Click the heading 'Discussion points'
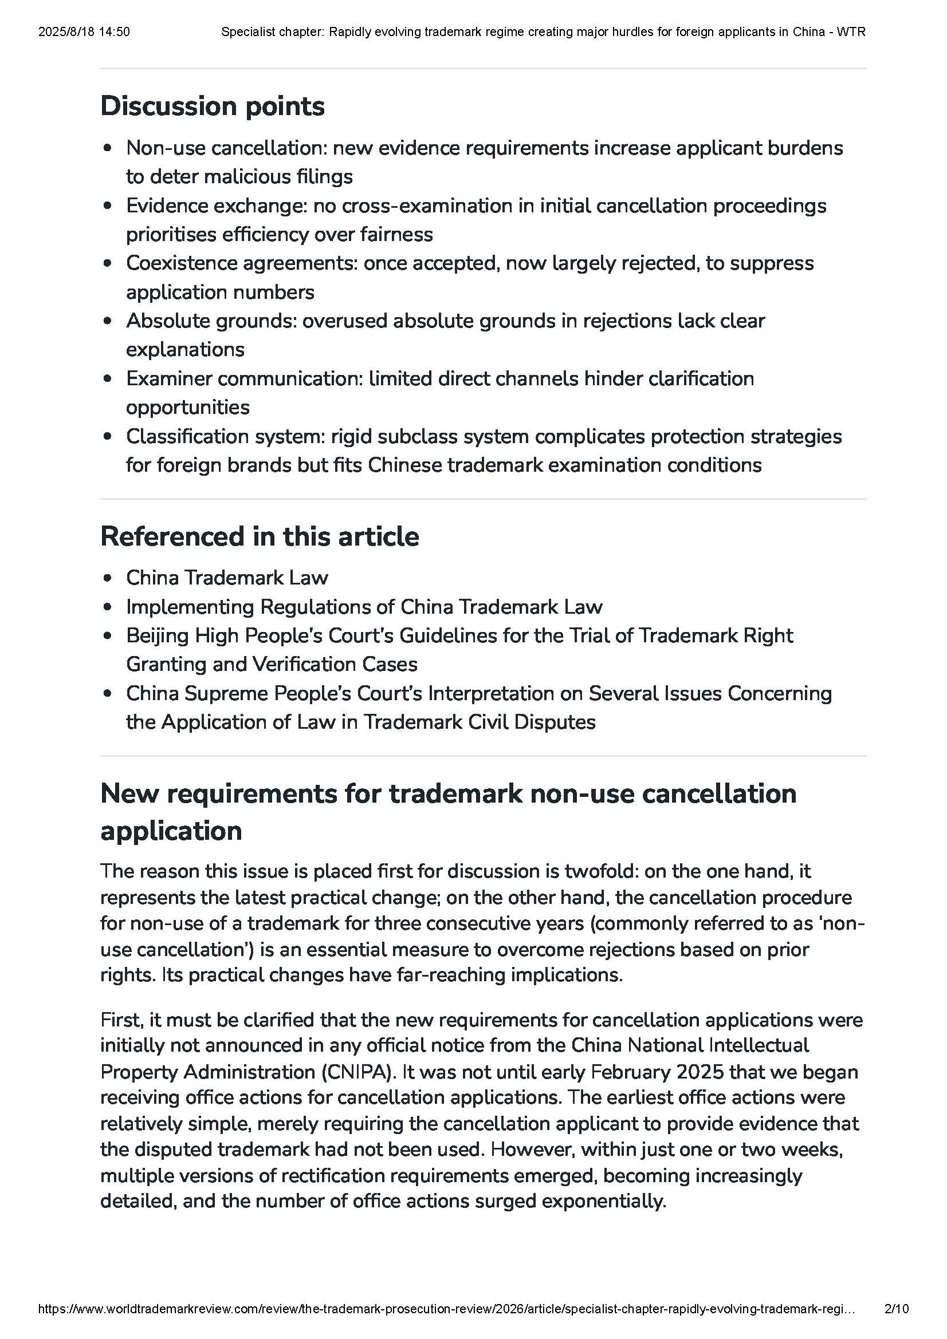click(213, 106)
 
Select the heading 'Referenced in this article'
click(260, 536)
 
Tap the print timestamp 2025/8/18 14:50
click(84, 32)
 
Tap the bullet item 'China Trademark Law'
click(227, 578)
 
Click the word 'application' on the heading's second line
click(171, 831)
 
